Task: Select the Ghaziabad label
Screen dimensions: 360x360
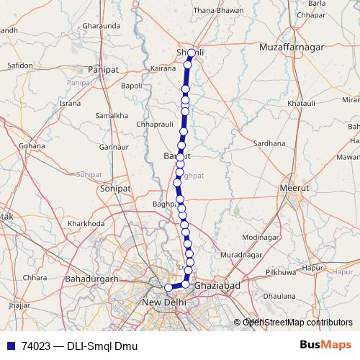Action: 217,286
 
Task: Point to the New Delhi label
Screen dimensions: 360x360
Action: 165,302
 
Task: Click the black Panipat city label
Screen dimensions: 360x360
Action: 102,69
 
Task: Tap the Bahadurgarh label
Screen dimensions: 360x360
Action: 91,278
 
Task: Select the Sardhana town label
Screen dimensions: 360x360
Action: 269,143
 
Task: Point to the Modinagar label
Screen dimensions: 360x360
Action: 260,237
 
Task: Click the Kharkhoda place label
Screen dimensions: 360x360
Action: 86,224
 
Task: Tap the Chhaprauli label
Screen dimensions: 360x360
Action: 154,125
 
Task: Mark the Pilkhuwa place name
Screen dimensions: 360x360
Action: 281,273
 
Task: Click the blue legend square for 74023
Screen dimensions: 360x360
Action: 10,345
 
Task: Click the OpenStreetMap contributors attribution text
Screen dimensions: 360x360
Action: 297,323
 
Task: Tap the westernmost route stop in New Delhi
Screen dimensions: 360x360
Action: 169,287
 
